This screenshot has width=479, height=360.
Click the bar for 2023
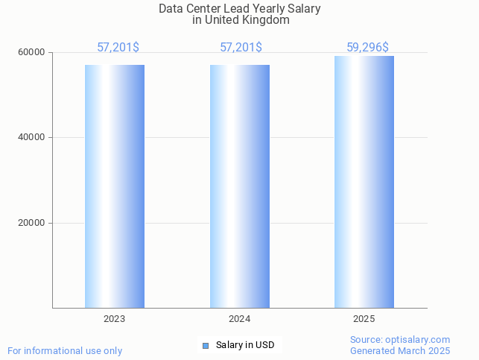(114, 186)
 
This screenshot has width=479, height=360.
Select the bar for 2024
(239, 186)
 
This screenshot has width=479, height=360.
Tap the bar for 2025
(364, 182)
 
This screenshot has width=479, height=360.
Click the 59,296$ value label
(367, 48)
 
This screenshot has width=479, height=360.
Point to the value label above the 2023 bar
(118, 48)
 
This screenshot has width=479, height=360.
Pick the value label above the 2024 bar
(241, 48)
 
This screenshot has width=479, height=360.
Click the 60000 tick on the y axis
(33, 52)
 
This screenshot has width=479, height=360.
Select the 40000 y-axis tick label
(33, 137)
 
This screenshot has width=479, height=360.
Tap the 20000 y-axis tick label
(33, 223)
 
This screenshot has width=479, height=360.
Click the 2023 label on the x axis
(114, 318)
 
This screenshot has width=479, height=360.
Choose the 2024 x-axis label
(239, 318)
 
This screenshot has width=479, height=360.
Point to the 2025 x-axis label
(364, 318)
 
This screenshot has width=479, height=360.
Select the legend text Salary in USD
(245, 345)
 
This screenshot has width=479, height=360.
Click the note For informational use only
(65, 350)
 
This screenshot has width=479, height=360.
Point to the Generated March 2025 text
(400, 350)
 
